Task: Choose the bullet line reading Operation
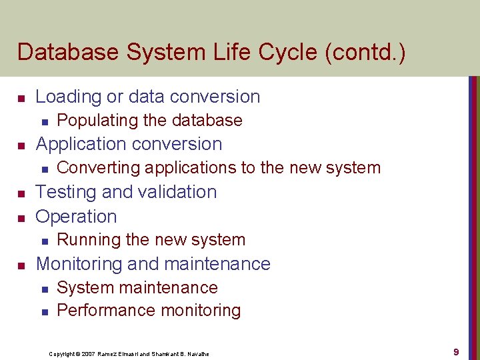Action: tap(76, 217)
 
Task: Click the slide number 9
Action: tap(456, 352)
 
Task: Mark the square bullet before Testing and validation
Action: tap(21, 193)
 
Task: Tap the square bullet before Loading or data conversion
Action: tap(21, 98)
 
